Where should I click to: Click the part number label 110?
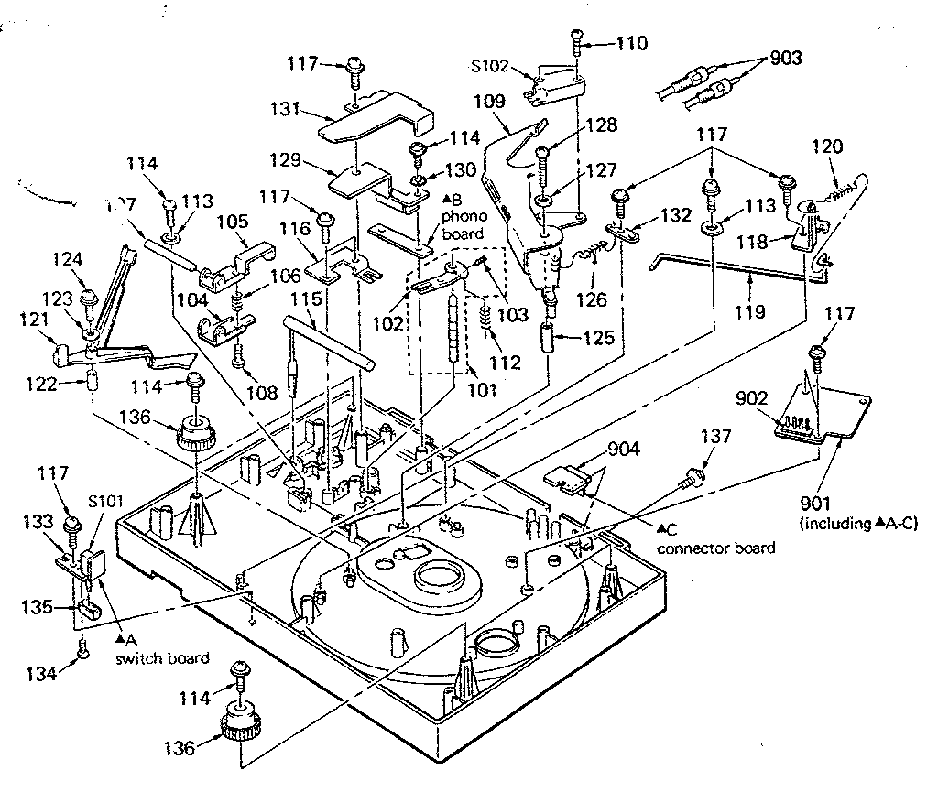[x=631, y=43]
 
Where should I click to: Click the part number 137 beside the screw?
[x=716, y=438]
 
